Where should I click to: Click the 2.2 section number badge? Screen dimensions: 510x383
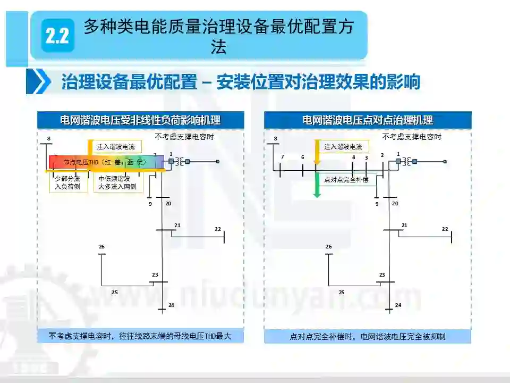tap(57, 36)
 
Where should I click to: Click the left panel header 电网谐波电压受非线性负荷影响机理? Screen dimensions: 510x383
tap(140, 120)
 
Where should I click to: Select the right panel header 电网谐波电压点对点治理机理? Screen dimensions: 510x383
tap(368, 120)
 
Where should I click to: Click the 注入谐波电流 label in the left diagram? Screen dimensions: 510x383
tap(116, 147)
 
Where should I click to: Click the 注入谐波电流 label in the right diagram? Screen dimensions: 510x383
tap(343, 147)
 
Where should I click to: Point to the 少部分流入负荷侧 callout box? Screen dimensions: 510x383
tap(67, 183)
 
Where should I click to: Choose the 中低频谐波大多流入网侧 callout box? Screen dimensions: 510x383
tap(117, 183)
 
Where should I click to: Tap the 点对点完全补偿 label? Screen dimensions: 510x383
tap(346, 180)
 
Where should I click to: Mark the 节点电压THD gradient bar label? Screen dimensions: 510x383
tap(104, 162)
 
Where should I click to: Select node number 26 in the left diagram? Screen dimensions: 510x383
tap(101, 246)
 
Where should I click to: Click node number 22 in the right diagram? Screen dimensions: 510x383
tap(445, 229)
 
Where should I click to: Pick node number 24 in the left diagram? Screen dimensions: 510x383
tap(171, 305)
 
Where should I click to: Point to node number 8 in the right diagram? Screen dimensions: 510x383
tap(275, 139)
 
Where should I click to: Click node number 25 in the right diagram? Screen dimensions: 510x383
tap(342, 292)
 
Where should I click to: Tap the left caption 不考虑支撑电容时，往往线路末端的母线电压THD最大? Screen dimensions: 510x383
tap(140, 336)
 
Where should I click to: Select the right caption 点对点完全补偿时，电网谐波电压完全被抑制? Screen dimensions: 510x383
tap(368, 336)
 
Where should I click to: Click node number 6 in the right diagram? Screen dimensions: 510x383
tap(303, 157)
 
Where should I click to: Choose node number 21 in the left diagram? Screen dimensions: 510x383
tap(177, 225)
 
